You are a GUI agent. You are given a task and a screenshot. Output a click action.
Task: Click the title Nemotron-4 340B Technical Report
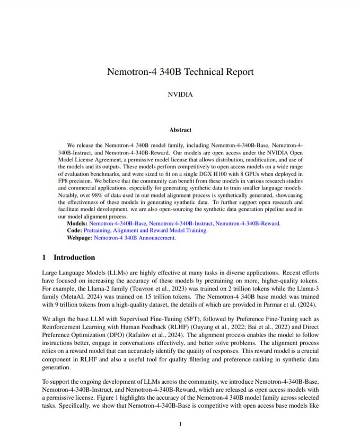[x=180, y=72]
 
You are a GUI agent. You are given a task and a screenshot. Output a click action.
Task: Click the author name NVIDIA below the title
[x=180, y=95]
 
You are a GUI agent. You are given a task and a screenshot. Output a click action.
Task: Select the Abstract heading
[x=180, y=130]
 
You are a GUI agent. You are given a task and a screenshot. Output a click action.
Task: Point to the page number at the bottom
[x=180, y=424]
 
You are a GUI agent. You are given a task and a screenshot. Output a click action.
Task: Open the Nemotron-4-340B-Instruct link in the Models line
[x=181, y=223]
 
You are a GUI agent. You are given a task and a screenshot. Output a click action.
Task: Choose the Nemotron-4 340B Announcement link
[x=135, y=238]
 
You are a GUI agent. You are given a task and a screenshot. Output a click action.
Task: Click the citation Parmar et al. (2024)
[x=295, y=304]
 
